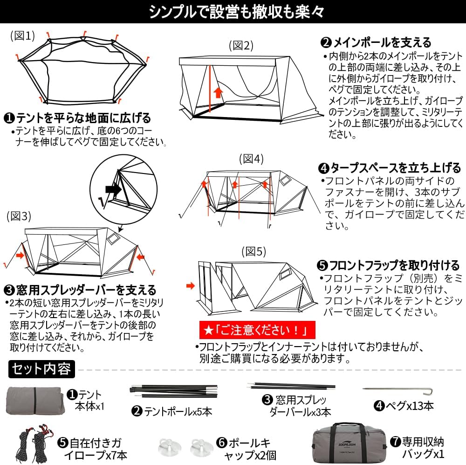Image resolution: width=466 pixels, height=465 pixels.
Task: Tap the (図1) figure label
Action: [x=23, y=36]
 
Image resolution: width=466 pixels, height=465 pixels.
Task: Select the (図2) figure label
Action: [x=241, y=45]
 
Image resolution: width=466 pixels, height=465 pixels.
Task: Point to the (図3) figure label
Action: [x=19, y=216]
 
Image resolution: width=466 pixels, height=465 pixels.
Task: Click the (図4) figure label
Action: [x=252, y=159]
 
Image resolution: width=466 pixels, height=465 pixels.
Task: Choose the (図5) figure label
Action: [x=253, y=252]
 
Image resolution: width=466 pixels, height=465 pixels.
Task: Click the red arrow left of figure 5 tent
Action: [x=190, y=285]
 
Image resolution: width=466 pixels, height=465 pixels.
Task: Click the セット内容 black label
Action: [x=41, y=369]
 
